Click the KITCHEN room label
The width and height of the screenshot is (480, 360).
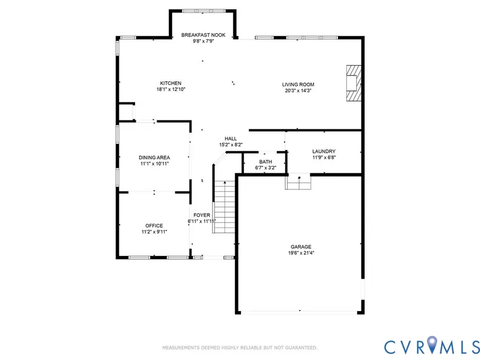click(170, 83)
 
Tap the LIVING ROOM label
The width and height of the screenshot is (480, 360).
click(298, 84)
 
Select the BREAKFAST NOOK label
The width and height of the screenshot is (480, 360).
click(203, 35)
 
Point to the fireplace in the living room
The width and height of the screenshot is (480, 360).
click(354, 83)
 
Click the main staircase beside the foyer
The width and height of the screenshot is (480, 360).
click(224, 206)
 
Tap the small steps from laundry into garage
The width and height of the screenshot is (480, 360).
click(298, 183)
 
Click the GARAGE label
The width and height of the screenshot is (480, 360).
click(301, 247)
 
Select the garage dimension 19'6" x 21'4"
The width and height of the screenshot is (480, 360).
click(301, 253)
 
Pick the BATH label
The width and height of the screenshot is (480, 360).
click(265, 162)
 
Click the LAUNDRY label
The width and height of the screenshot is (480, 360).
click(324, 151)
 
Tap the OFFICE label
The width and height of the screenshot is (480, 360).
click(154, 226)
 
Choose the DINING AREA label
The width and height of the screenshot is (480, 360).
click(154, 158)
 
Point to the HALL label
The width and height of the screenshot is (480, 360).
click(230, 138)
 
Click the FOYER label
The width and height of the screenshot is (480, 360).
click(202, 215)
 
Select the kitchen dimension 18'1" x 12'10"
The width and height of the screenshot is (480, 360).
click(171, 90)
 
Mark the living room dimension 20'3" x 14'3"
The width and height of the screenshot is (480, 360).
click(298, 91)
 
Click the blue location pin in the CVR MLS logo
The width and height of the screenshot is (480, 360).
click(432, 344)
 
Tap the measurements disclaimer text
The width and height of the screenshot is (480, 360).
click(240, 348)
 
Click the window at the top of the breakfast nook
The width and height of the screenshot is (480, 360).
click(204, 11)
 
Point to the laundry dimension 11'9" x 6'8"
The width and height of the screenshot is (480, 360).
click(324, 158)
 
